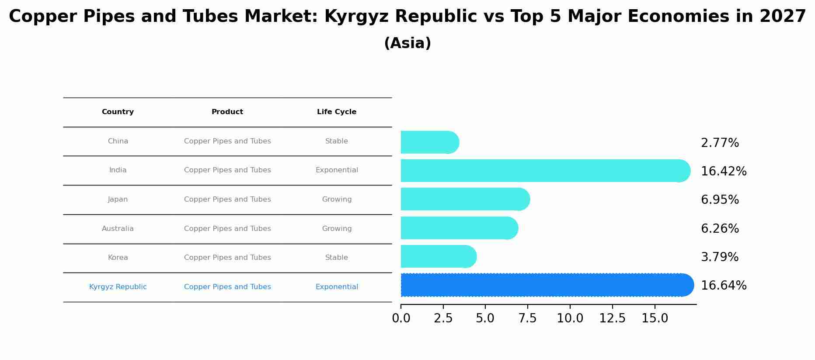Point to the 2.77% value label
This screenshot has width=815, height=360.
pos(720,143)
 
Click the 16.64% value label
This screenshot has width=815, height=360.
pos(724,286)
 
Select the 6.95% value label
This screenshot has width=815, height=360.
pos(720,200)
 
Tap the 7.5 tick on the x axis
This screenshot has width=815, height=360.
pos(527,318)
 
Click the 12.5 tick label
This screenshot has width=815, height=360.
pos(612,318)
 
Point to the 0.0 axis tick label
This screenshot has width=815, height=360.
pos(401,318)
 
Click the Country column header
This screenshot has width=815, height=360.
pos(118,112)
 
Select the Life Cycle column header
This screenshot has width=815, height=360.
pos(337,112)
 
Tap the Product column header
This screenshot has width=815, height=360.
pos(227,112)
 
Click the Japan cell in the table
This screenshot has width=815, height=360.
pos(118,199)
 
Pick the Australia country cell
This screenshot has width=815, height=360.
pos(118,229)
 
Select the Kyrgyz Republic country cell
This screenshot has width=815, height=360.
pos(118,287)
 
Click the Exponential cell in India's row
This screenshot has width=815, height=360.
pos(337,170)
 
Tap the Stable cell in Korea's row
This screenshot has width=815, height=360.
pos(337,258)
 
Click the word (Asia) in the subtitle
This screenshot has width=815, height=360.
pos(407,43)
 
